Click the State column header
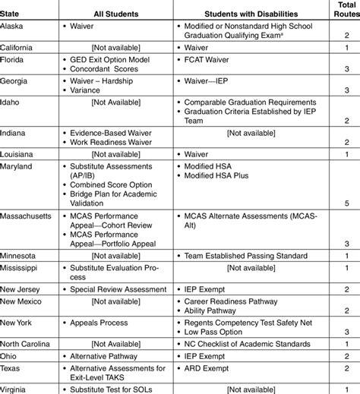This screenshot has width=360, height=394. point(11,13)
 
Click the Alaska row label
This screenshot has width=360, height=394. point(12,25)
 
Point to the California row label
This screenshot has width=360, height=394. point(17,47)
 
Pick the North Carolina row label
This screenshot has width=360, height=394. point(27,343)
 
